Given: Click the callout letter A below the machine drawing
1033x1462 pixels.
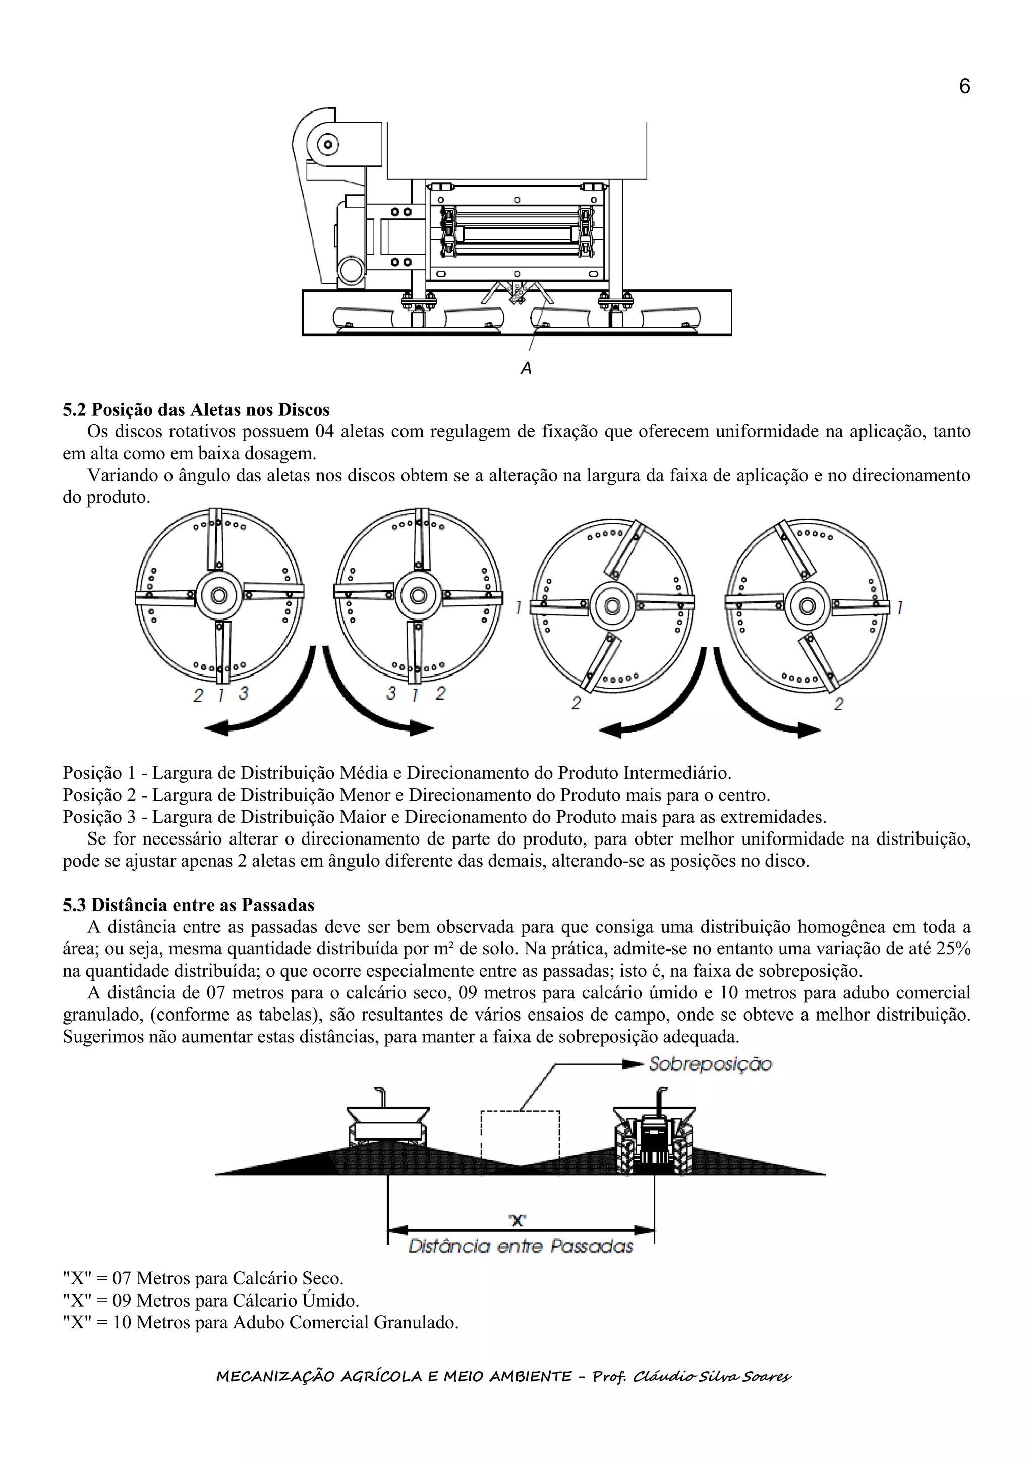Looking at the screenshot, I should pos(526,368).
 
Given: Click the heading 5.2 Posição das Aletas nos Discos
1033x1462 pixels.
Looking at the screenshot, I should pos(196,410).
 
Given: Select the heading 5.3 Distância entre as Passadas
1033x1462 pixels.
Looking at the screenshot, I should pos(189,905).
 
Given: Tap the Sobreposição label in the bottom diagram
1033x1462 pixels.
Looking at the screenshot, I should pos(710,1064).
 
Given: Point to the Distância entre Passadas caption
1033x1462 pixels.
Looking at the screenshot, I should pos(521,1246).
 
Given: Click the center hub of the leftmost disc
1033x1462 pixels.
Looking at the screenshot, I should pos(219,595).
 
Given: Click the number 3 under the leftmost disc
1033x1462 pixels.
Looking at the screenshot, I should pos(243,694).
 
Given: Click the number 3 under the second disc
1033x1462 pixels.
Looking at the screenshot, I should pos(391,694).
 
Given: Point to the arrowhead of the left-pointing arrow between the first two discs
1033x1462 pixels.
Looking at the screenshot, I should pos(216,728).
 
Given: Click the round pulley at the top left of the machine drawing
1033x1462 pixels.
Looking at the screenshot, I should pos(328,145).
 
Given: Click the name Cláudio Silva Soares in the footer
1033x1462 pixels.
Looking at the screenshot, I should pos(712,1377).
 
